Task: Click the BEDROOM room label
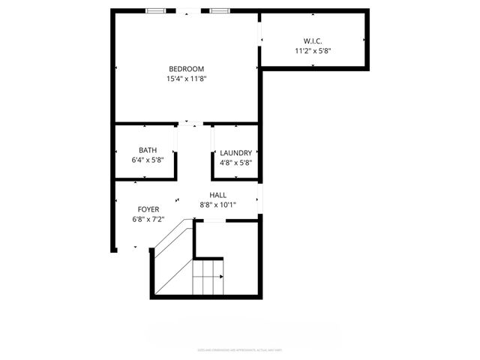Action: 186,68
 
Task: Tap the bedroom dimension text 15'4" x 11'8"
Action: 186,78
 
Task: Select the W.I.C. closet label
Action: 313,40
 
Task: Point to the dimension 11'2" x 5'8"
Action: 313,50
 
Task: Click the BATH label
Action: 148,151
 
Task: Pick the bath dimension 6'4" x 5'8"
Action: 148,160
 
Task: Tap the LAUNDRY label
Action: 235,153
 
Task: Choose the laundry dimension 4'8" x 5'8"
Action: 235,162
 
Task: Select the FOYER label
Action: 148,209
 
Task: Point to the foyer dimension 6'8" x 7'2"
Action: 148,219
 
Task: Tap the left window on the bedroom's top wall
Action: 156,10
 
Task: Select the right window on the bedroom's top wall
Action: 220,10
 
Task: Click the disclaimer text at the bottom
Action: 239,349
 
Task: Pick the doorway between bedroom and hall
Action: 193,123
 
